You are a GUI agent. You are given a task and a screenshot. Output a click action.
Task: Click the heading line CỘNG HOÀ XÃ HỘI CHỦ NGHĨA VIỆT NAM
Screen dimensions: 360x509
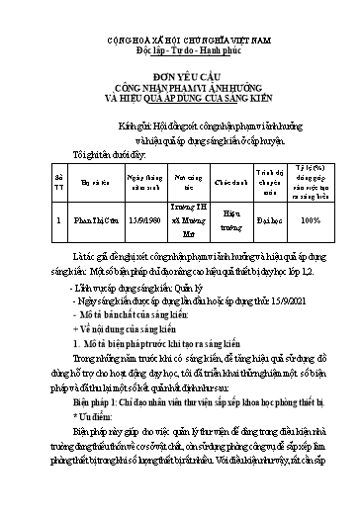179,35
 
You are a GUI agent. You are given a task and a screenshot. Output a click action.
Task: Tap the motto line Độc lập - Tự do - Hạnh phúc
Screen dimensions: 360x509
179,46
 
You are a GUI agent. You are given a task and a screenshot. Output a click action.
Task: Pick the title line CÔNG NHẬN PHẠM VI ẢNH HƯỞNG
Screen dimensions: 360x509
179,85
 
